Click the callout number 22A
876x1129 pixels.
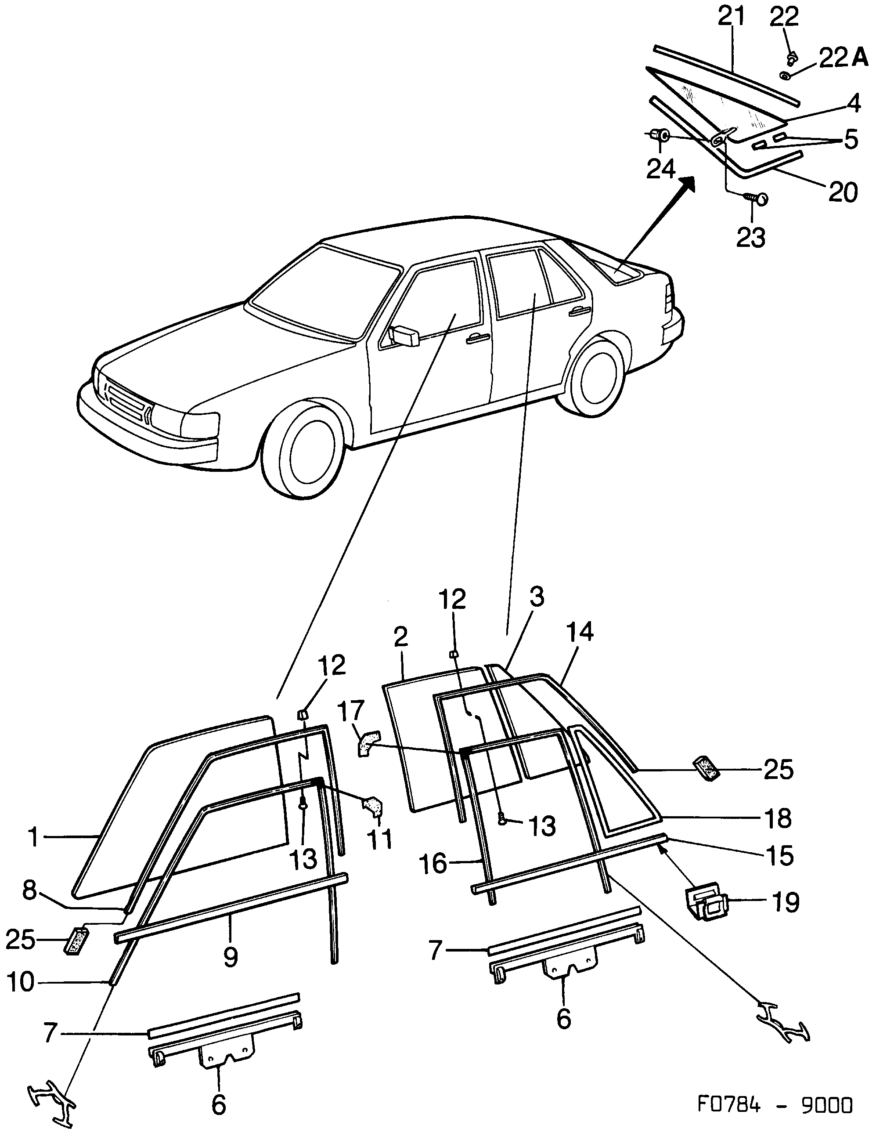[x=844, y=58]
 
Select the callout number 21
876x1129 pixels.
[x=732, y=17]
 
